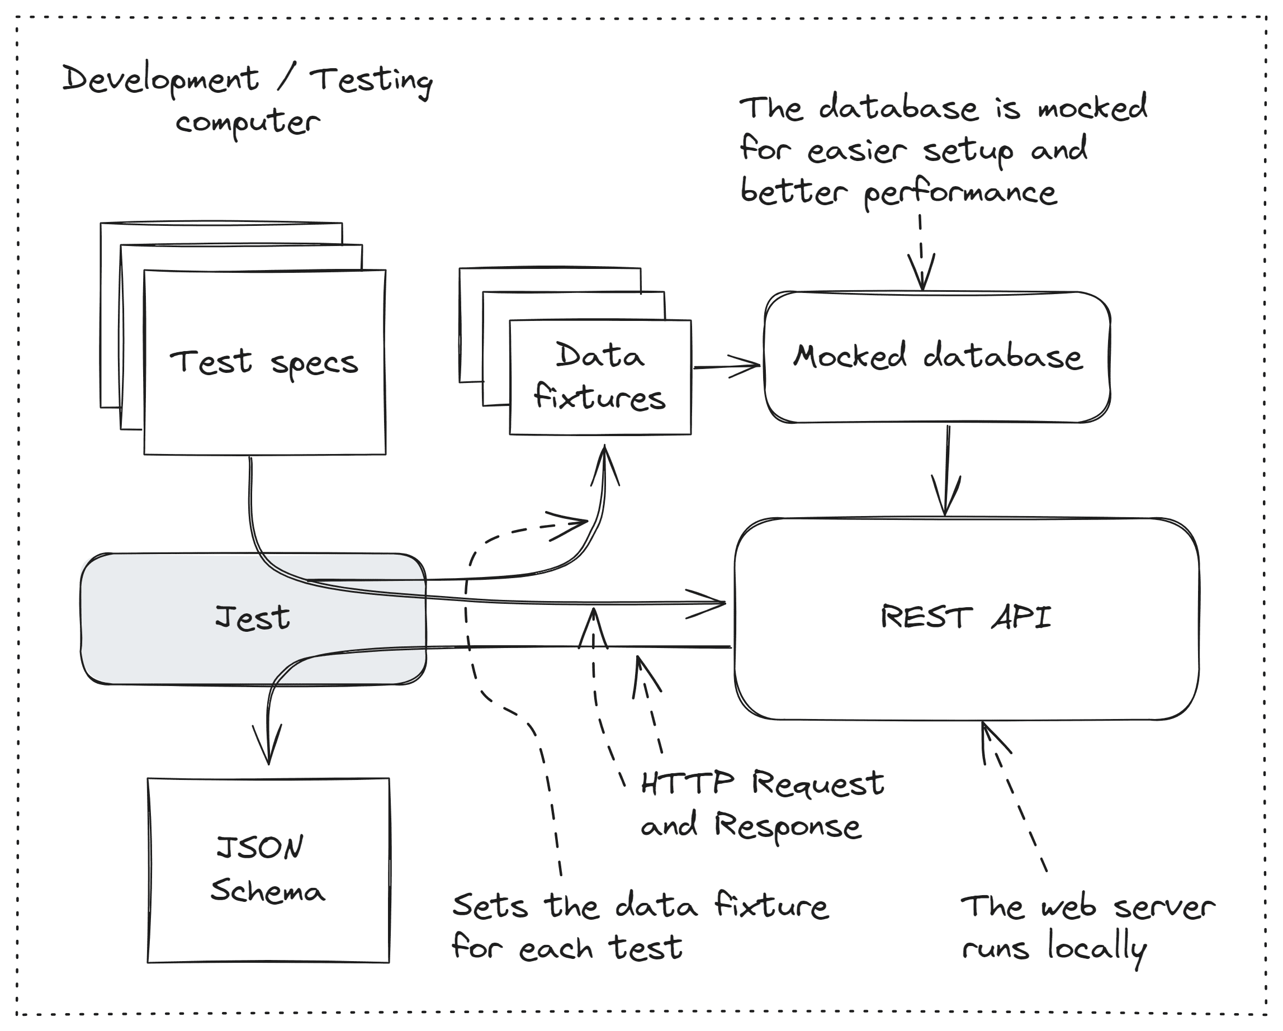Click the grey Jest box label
tap(252, 617)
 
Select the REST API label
tap(965, 617)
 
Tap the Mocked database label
tap(938, 357)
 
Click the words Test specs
tap(264, 362)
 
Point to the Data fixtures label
tap(599, 376)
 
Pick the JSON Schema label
tap(267, 869)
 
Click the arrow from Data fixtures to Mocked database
tap(727, 366)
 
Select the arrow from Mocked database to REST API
tap(946, 470)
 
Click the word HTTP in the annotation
tap(687, 783)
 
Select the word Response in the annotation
tap(787, 826)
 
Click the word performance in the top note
tap(960, 193)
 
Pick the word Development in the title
tap(160, 80)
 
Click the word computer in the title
tap(248, 122)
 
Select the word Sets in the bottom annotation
tap(489, 906)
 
